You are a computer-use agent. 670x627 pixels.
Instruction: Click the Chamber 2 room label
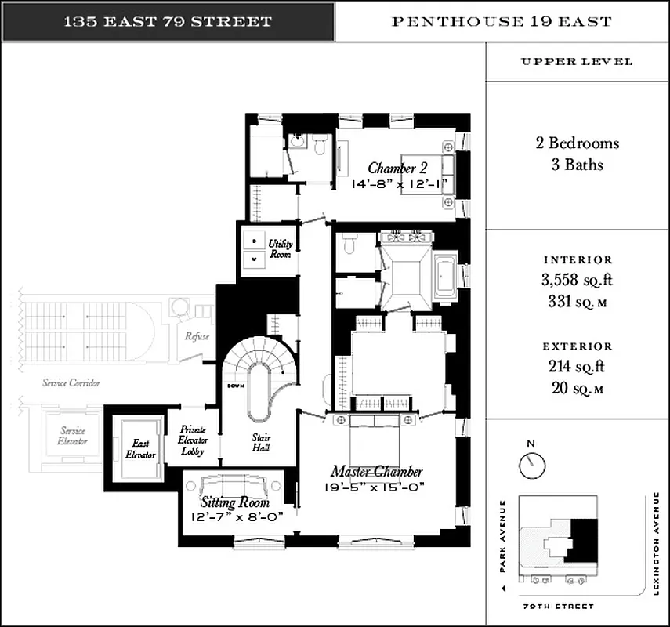pyautogui.click(x=397, y=169)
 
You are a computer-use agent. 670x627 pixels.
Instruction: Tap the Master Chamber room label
pyautogui.click(x=376, y=472)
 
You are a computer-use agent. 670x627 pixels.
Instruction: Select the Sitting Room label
pyautogui.click(x=235, y=502)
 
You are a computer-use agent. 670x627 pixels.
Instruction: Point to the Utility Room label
pyautogui.click(x=280, y=249)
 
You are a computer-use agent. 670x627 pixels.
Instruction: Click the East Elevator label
pyautogui.click(x=141, y=449)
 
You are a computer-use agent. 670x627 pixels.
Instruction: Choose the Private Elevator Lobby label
pyautogui.click(x=193, y=440)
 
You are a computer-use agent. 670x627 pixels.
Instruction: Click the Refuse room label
pyautogui.click(x=197, y=336)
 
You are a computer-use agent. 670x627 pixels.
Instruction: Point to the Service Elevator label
pyautogui.click(x=72, y=436)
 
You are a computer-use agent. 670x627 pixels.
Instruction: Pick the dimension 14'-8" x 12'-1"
pyautogui.click(x=397, y=185)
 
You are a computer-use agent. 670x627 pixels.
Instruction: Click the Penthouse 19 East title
pyautogui.click(x=502, y=21)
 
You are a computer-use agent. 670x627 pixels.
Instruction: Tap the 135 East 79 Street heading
pyautogui.click(x=168, y=21)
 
